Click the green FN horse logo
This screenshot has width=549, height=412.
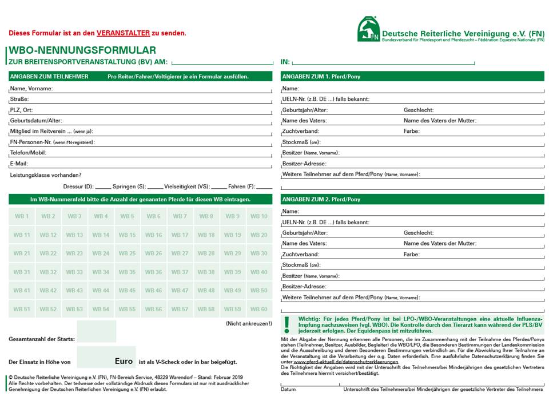click(x=369, y=29)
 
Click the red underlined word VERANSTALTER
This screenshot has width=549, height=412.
click(x=123, y=34)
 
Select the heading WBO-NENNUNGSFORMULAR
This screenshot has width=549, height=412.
click(x=82, y=50)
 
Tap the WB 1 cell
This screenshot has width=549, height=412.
click(x=22, y=216)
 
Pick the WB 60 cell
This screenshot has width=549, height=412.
click(x=259, y=310)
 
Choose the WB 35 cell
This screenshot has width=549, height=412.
click(x=127, y=272)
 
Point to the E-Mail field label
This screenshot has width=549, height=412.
click(x=19, y=164)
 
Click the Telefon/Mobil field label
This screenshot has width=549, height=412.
click(x=28, y=153)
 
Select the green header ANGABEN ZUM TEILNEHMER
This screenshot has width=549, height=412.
click(x=49, y=77)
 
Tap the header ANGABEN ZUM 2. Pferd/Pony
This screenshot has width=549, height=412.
click(x=321, y=199)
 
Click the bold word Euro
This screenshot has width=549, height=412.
click(x=124, y=362)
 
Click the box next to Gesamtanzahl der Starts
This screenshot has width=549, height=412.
click(x=96, y=332)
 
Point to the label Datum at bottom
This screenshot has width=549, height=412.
click(x=288, y=390)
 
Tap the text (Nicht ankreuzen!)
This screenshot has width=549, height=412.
click(x=249, y=324)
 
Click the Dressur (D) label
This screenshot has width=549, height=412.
click(x=78, y=187)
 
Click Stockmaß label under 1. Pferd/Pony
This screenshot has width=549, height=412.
click(x=301, y=142)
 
